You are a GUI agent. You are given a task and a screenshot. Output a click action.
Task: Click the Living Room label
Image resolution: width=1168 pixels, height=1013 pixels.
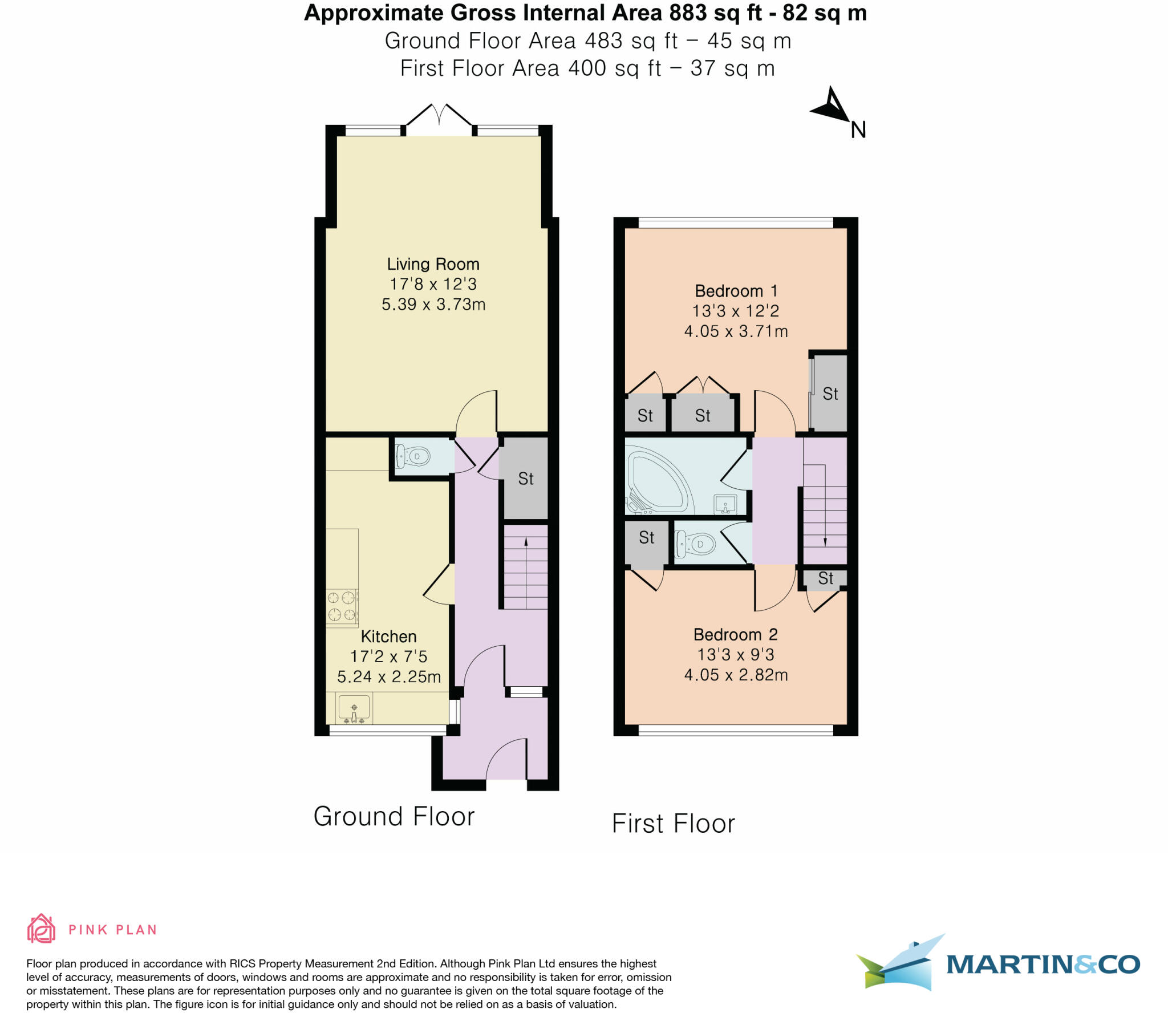[433, 264]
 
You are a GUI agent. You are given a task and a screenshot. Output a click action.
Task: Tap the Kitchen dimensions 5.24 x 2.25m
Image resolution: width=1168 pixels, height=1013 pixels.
[389, 676]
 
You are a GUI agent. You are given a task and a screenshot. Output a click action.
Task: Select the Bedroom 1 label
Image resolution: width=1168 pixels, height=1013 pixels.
[736, 291]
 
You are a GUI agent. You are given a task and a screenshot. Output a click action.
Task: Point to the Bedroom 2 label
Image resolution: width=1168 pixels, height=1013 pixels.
[735, 634]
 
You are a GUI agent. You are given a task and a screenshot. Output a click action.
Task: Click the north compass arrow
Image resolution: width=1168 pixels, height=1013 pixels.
[832, 106]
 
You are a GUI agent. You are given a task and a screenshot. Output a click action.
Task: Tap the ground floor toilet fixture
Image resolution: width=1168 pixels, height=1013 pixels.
[413, 456]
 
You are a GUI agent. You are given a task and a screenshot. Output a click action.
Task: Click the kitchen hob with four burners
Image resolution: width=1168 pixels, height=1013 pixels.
[342, 606]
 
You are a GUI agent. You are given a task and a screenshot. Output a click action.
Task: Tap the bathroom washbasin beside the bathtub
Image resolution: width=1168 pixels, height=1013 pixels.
[725, 504]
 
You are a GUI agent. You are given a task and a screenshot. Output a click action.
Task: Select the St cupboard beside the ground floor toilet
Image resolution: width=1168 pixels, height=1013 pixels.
[525, 479]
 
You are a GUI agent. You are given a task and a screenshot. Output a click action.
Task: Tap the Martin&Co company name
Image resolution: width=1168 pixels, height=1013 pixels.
[1043, 964]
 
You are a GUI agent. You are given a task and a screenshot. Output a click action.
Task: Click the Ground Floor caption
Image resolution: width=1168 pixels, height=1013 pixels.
[394, 816]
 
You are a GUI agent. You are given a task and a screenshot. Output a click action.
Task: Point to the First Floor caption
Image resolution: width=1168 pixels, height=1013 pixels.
[674, 824]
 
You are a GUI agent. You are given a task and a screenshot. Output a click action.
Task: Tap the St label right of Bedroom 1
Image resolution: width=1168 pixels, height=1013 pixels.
[830, 394]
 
